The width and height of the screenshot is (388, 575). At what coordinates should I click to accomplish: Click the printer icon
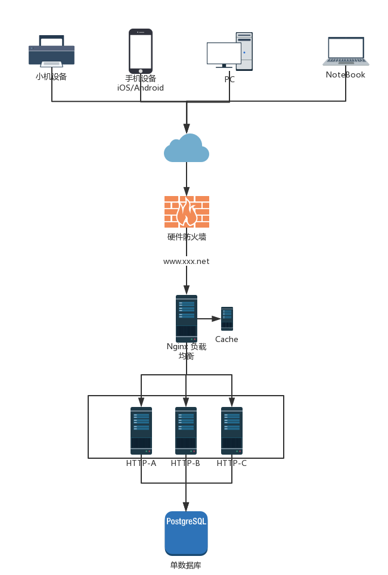pyautogui.click(x=52, y=51)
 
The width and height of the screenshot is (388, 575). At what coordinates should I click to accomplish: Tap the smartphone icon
pyautogui.click(x=141, y=51)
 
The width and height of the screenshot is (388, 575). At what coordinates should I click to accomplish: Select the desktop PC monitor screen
pyautogui.click(x=224, y=53)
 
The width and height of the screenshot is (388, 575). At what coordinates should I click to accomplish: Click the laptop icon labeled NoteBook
pyautogui.click(x=346, y=51)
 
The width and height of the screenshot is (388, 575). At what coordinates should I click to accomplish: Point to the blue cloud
pyautogui.click(x=187, y=148)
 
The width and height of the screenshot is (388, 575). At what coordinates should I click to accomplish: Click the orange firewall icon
pyautogui.click(x=187, y=212)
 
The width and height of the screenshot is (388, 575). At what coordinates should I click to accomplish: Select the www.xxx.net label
pyautogui.click(x=187, y=262)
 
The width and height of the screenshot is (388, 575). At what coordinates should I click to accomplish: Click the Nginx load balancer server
pyautogui.click(x=187, y=319)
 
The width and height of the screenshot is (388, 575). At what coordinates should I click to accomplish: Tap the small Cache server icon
pyautogui.click(x=227, y=319)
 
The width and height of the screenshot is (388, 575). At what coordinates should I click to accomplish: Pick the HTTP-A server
pyautogui.click(x=141, y=431)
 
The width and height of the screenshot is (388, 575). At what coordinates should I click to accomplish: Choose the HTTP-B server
pyautogui.click(x=186, y=431)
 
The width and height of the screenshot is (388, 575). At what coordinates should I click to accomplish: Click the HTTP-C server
pyautogui.click(x=232, y=431)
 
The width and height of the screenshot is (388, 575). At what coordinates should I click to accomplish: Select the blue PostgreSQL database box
pyautogui.click(x=187, y=533)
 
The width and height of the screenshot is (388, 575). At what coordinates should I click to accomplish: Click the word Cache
pyautogui.click(x=226, y=339)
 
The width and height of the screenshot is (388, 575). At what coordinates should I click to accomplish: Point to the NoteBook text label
pyautogui.click(x=346, y=75)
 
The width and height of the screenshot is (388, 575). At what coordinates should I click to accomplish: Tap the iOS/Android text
pyautogui.click(x=141, y=88)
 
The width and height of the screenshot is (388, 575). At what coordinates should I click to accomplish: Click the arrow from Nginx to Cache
pyautogui.click(x=209, y=319)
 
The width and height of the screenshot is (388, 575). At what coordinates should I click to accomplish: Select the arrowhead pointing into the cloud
pyautogui.click(x=187, y=128)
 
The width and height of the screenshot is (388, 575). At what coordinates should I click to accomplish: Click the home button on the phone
pyautogui.click(x=141, y=71)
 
